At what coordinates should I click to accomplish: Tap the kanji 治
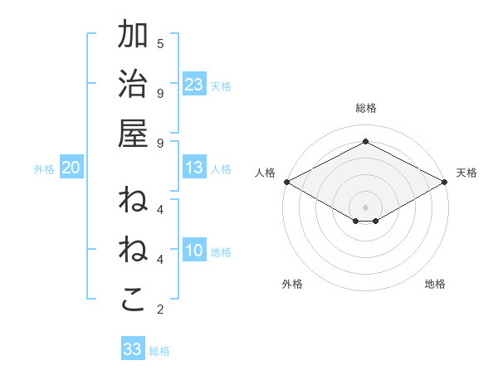pos(134,85)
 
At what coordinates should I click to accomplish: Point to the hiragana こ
pos(134,300)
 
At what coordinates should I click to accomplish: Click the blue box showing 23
pos(194,84)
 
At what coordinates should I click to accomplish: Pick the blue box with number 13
pos(194,168)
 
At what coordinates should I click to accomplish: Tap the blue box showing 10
pos(194,251)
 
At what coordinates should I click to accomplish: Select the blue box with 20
pos(71,168)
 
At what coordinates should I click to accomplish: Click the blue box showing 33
pos(133,349)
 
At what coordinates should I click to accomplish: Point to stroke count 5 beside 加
pos(160,43)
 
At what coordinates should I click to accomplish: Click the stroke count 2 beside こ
pos(160,310)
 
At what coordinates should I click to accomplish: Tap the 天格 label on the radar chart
pos(466,173)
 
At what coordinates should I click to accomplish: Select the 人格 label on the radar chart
pos(265,173)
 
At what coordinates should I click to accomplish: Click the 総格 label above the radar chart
pos(365,108)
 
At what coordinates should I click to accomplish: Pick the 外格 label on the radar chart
pos(292,284)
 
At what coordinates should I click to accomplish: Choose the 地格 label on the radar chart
pos(435,284)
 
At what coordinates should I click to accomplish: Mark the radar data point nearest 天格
pos(445,182)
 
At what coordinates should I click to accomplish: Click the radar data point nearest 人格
pos(286,182)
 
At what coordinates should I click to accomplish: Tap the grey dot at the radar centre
pos(365,207)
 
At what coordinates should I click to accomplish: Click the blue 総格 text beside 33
pos(159,351)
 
